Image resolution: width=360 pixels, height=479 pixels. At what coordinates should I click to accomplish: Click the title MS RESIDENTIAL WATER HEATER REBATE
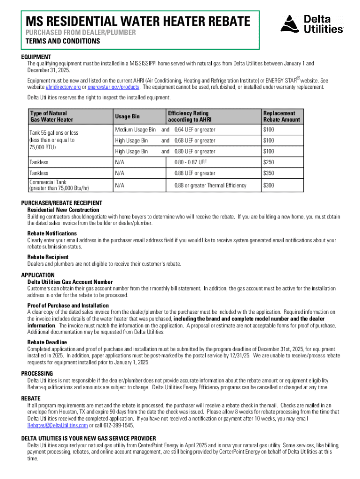[137, 21]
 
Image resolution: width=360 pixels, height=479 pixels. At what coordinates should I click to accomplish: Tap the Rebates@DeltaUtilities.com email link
[58, 426]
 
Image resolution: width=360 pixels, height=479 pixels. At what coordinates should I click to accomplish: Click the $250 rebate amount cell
[268, 162]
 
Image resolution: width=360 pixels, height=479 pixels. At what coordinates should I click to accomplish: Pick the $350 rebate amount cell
[268, 173]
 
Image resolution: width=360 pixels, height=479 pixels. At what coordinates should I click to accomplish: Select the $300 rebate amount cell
[268, 185]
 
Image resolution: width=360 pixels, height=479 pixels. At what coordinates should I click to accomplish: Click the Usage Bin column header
[127, 116]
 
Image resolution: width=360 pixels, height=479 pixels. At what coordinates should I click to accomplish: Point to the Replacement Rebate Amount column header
[279, 116]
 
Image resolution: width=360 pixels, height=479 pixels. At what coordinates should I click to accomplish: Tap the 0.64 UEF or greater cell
[195, 130]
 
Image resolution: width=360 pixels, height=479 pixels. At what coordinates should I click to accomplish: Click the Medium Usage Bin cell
[135, 130]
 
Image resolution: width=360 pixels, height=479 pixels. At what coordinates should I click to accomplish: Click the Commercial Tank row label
[59, 185]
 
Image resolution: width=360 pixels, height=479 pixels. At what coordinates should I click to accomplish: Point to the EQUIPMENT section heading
[36, 57]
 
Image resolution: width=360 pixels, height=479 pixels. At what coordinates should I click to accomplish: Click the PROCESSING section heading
[37, 373]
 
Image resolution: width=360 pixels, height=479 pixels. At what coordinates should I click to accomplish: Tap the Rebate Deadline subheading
[47, 342]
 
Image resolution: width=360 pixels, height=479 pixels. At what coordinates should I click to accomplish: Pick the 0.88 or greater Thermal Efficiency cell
[210, 185]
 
